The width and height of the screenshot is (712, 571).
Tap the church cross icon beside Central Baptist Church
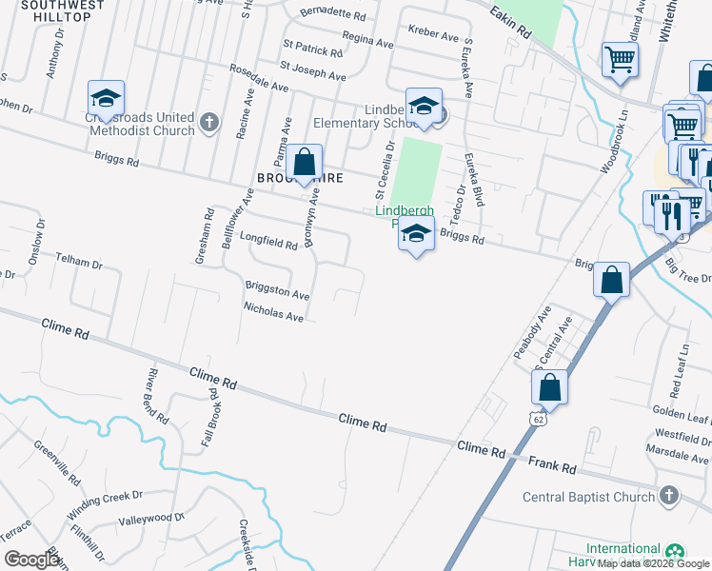669,496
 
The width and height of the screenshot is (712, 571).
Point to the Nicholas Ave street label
273,311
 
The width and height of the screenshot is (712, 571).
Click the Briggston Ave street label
278,290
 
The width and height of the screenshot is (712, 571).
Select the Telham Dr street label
78,259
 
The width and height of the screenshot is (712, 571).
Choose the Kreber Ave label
433,33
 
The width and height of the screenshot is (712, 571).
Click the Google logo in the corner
31,560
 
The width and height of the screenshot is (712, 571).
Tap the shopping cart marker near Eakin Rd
620,60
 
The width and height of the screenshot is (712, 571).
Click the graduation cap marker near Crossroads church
106,98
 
